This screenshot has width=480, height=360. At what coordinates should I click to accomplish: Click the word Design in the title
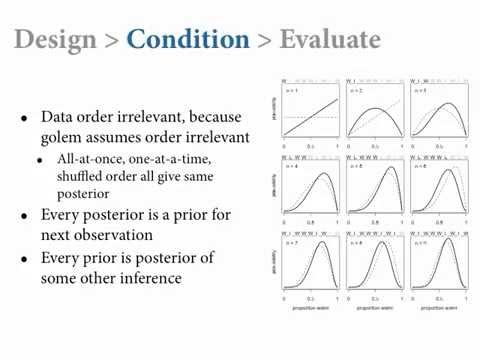[x=56, y=40]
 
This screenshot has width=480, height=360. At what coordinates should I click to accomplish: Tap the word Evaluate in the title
[x=330, y=40]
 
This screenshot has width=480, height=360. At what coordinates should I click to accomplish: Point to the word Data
[x=59, y=116]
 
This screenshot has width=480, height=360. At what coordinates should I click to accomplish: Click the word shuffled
[x=71, y=175]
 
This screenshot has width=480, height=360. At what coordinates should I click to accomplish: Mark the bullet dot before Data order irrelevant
[x=25, y=117]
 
